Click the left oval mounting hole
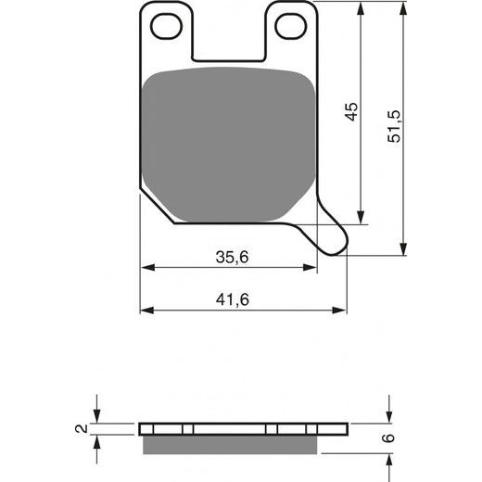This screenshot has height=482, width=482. [169, 27]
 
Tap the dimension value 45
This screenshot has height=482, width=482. [351, 114]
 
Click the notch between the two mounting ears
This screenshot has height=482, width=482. [231, 37]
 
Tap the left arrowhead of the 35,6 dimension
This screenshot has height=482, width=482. [146, 269]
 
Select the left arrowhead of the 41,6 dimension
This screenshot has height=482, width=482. [146, 310]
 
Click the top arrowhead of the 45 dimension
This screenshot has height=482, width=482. [361, 7]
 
